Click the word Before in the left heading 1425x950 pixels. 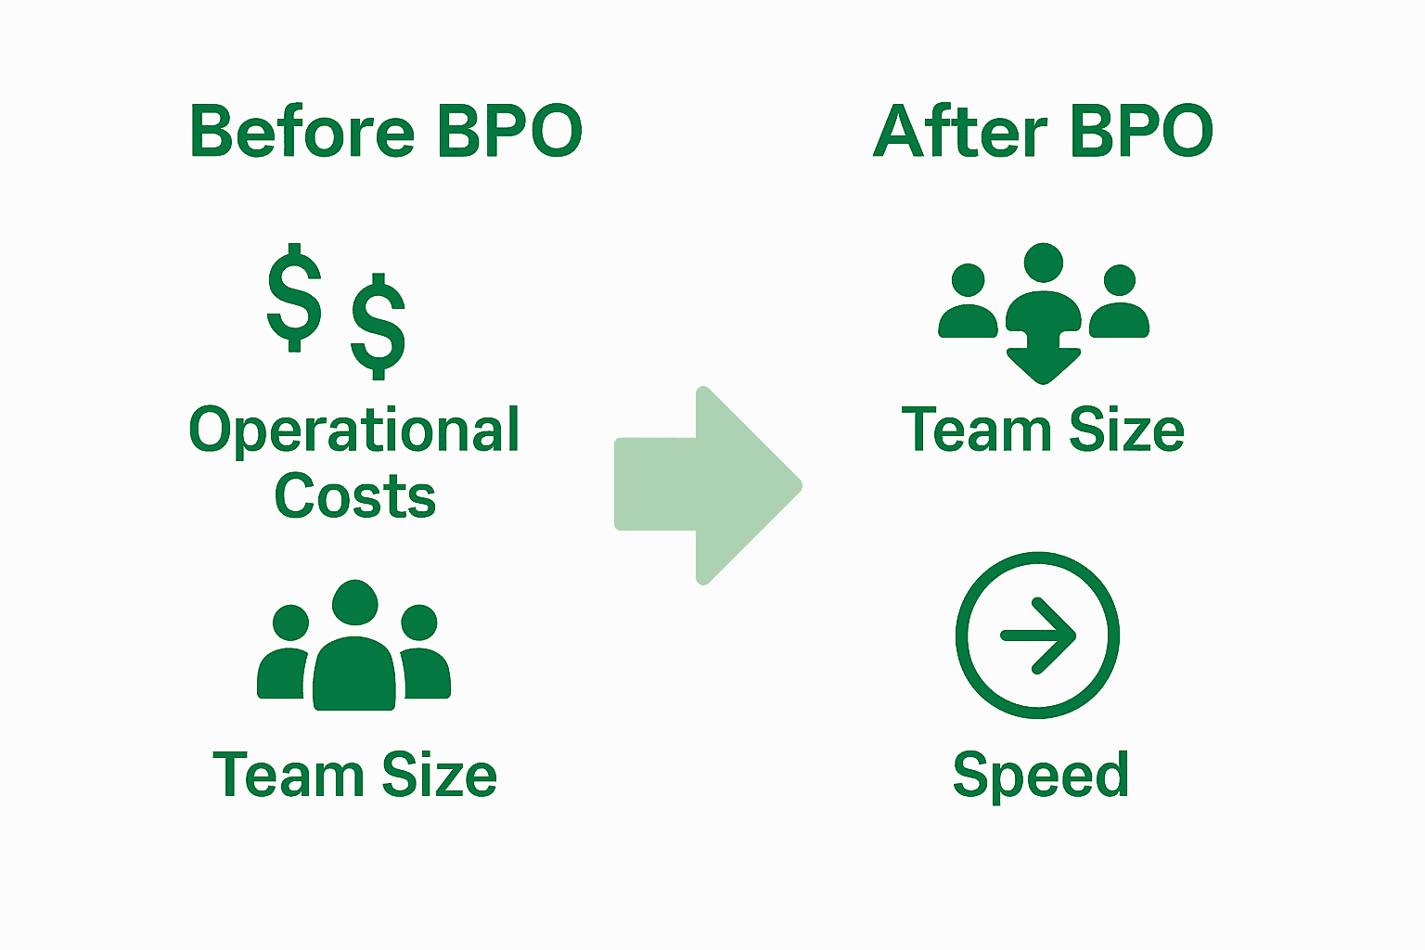(x=302, y=131)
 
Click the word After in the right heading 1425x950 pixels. (x=960, y=131)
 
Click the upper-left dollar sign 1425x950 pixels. (x=294, y=298)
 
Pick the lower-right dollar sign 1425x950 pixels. (x=379, y=326)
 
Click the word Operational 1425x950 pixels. (x=354, y=431)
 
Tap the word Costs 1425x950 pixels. (x=355, y=496)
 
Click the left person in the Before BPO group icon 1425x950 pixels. (x=286, y=654)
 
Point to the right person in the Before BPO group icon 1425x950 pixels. (x=423, y=654)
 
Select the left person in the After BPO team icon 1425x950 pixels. (x=969, y=302)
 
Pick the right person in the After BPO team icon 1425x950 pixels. (x=1120, y=302)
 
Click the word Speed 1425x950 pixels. (x=1041, y=776)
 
